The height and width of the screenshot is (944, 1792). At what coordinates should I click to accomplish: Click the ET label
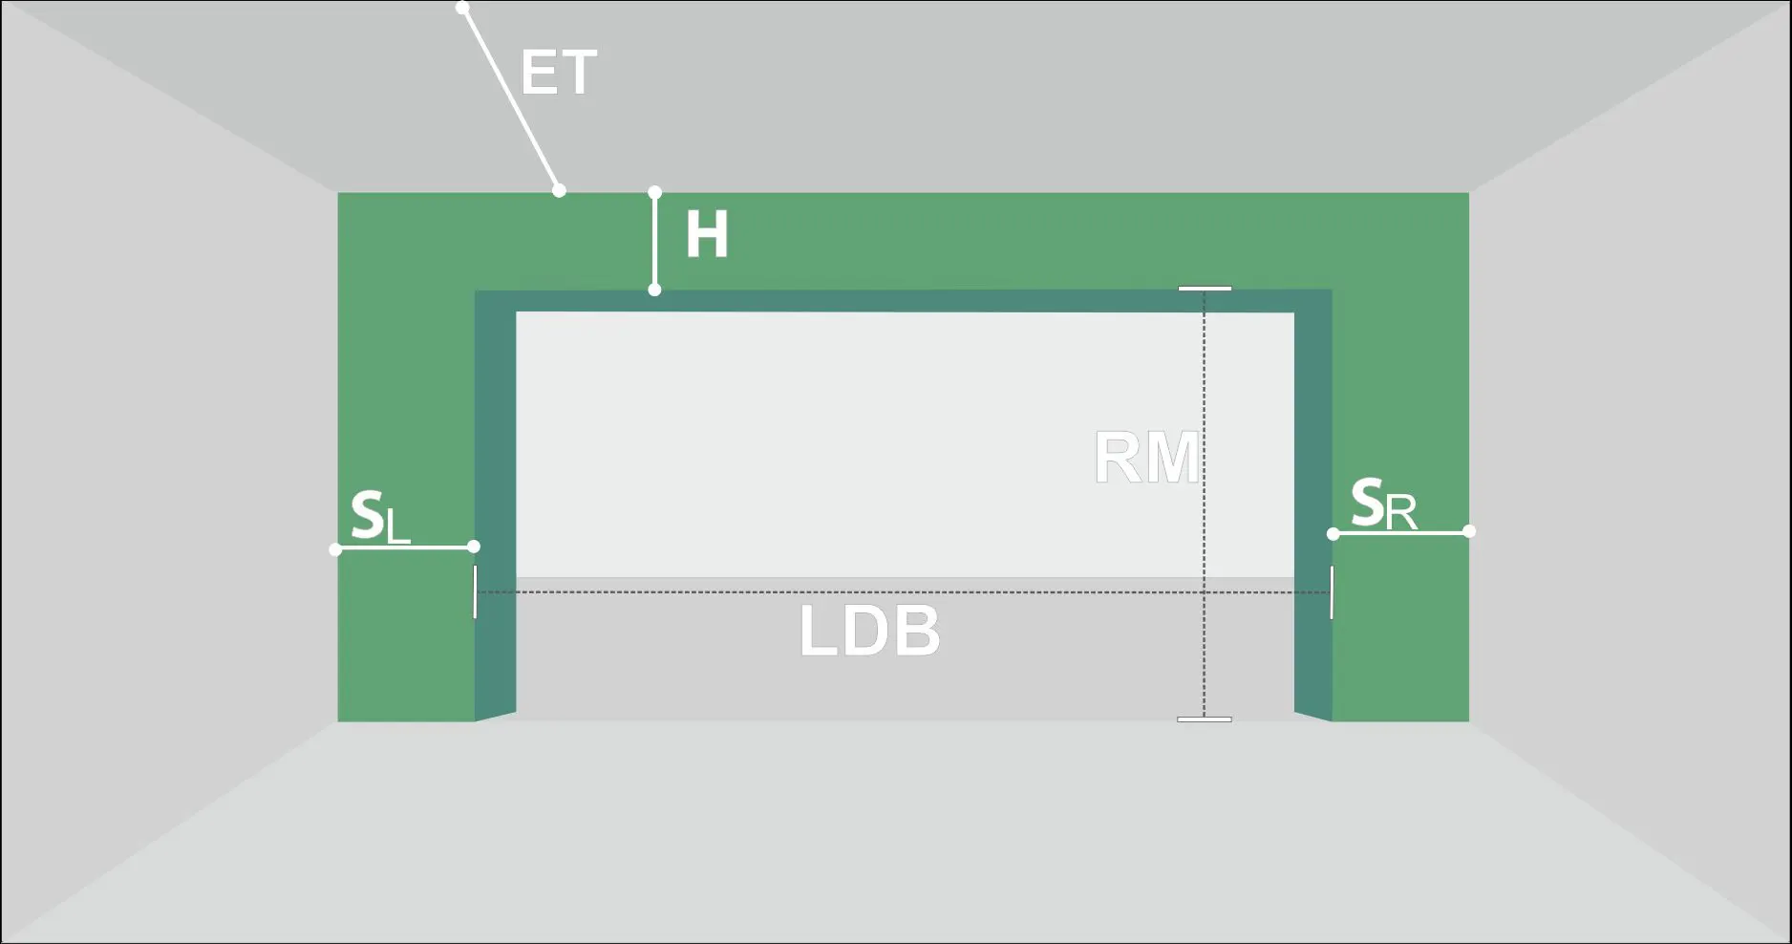pos(559,73)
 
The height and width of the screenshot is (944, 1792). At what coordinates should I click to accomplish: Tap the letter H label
pos(707,235)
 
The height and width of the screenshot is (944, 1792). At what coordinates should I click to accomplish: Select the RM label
pos(1146,458)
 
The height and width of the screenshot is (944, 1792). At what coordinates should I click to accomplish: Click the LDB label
pos(869,632)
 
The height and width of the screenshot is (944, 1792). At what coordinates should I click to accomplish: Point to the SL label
pos(380,517)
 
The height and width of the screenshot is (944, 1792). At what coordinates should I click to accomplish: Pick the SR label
pos(1383,504)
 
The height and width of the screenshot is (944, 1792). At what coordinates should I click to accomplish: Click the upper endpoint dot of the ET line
pos(462,8)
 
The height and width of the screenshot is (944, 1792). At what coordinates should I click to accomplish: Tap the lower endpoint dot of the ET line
pos(559,191)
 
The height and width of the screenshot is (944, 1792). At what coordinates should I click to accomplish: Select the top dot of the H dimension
pos(654,193)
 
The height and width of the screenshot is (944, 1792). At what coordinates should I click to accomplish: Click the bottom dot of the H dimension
pos(654,290)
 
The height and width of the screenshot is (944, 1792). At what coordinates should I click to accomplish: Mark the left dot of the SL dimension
pos(335,549)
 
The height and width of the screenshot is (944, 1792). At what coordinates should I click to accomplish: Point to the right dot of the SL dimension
pos(474,547)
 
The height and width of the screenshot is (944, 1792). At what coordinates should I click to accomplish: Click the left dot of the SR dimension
pos(1333,534)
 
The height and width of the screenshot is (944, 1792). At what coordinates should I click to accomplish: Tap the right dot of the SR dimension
pos(1469,531)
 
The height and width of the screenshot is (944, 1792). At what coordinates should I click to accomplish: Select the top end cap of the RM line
pos(1205,288)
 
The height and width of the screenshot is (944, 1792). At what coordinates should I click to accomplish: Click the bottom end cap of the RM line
pos(1205,719)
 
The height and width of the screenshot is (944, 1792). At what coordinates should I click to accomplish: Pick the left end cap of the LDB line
pos(475,591)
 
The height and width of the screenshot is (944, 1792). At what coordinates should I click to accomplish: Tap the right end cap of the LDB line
pos(1332,592)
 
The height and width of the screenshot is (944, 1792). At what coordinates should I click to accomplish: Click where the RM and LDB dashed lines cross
pos(1205,592)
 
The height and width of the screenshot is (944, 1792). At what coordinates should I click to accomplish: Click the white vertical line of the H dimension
pos(654,242)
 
